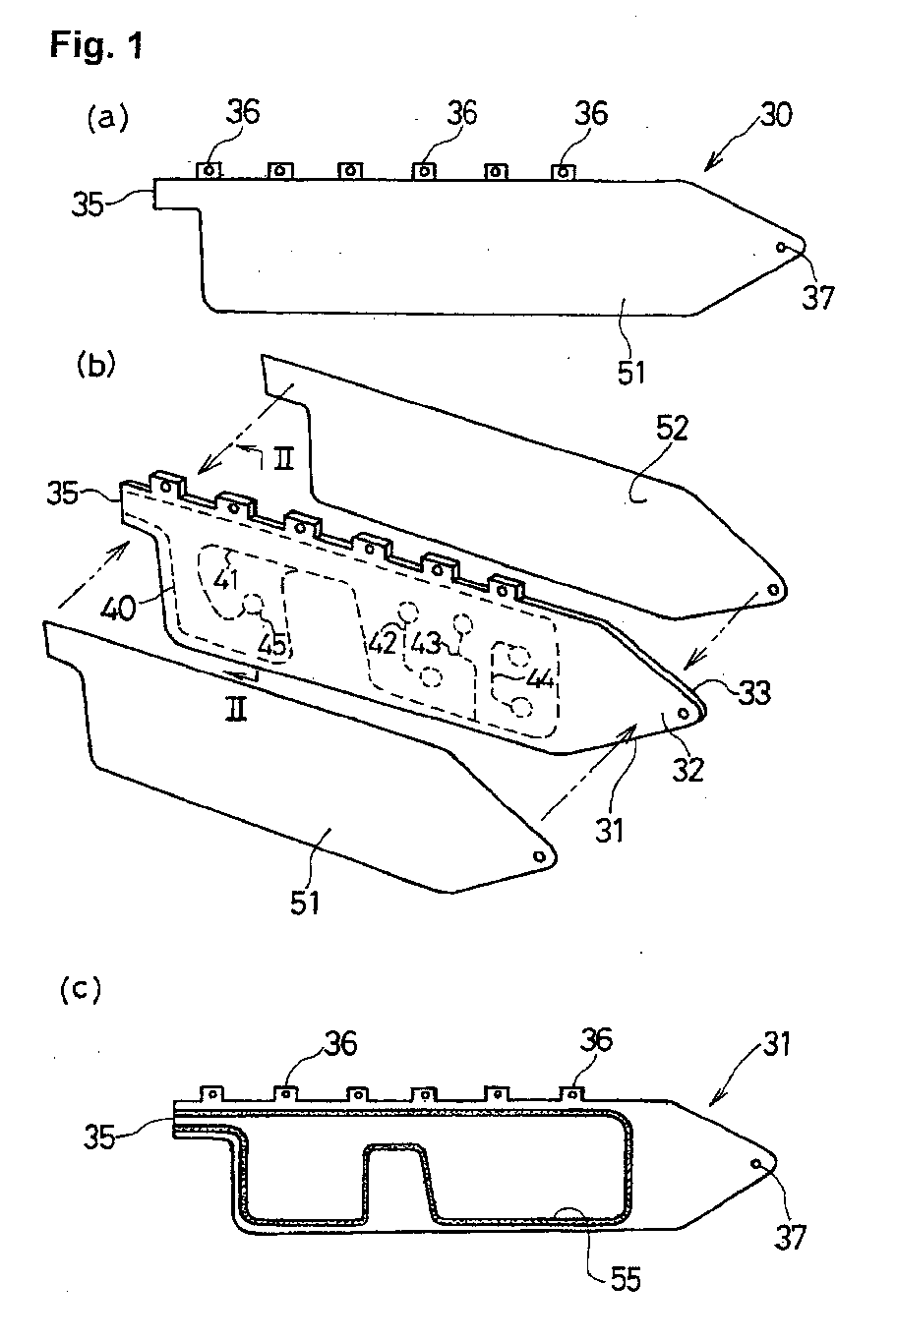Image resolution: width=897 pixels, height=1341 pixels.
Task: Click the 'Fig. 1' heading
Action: tap(96, 45)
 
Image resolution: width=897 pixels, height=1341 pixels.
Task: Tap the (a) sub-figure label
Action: tap(108, 119)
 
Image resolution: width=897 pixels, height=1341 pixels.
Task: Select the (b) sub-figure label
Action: tap(95, 365)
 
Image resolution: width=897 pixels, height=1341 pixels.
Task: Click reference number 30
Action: tap(776, 114)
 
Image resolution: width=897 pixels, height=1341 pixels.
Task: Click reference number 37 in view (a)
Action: tap(818, 296)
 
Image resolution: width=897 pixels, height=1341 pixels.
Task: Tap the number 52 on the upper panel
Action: tap(672, 429)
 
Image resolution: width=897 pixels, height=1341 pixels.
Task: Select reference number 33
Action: tap(753, 693)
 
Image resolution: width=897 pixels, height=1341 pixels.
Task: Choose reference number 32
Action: tap(688, 769)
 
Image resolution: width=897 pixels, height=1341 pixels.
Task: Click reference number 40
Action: tap(117, 610)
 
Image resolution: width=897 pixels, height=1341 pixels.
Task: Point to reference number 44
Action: tap(540, 678)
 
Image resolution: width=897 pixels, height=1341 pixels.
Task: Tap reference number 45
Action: tap(273, 645)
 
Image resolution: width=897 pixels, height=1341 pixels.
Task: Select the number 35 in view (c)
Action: tap(99, 1137)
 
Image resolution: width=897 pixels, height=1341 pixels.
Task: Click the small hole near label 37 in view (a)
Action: tap(780, 247)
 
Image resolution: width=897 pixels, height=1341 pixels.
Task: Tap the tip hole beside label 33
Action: tap(683, 713)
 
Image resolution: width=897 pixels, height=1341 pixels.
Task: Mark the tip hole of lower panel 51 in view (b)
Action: tap(539, 856)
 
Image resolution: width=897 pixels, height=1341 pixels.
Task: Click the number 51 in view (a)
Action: tap(631, 372)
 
